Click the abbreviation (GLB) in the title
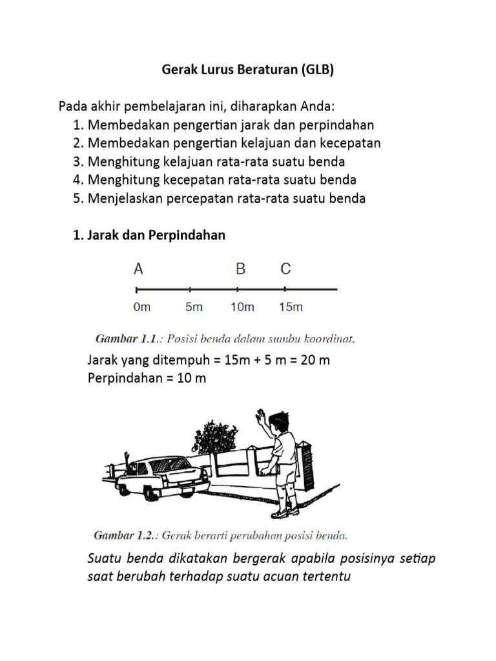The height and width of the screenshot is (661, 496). tap(316, 70)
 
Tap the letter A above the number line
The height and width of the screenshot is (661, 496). tap(138, 269)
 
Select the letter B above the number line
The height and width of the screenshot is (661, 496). tap(240, 269)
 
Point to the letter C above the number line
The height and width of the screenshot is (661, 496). tap(285, 269)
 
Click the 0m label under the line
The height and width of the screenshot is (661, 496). tap(141, 307)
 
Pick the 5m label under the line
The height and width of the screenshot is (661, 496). tap(194, 307)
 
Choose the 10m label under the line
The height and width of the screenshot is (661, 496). tap(242, 307)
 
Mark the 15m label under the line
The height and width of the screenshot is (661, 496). tap(291, 307)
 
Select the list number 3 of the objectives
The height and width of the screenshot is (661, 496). tap(77, 161)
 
